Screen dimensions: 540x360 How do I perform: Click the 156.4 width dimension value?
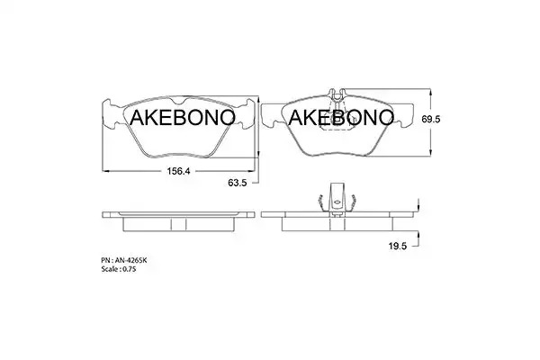click(178, 171)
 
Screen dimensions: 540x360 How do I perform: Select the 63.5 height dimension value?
click(238, 183)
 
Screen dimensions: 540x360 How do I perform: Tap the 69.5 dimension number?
click(431, 119)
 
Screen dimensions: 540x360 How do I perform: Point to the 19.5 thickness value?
click(398, 246)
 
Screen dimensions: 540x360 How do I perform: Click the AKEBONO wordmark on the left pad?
click(183, 118)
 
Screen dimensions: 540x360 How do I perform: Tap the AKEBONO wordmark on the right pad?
click(341, 118)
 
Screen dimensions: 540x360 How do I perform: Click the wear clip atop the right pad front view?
click(337, 95)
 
